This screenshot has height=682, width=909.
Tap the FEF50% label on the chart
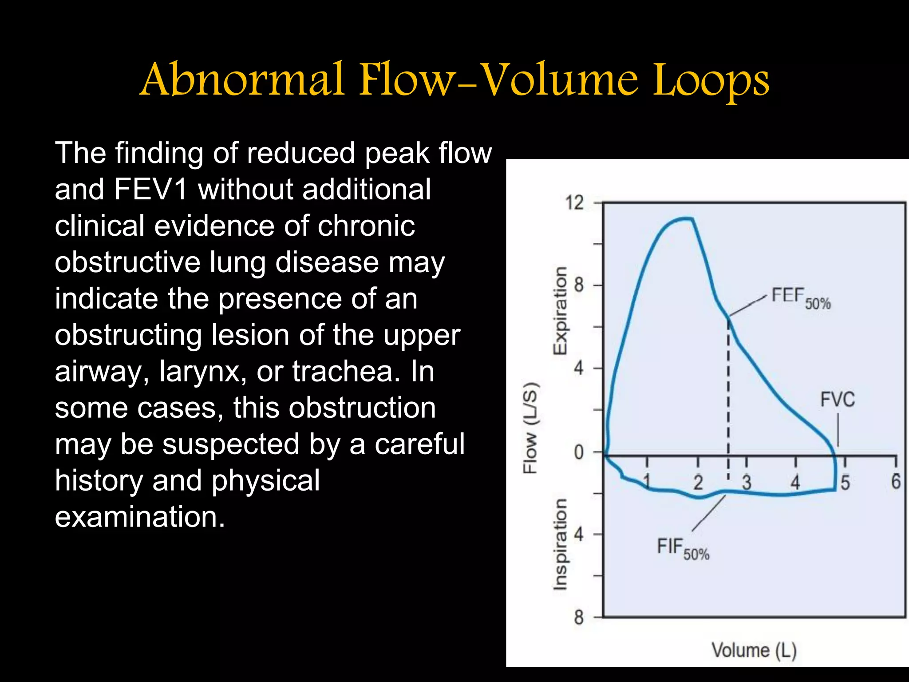pyautogui.click(x=800, y=297)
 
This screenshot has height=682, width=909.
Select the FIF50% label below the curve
pyautogui.click(x=683, y=549)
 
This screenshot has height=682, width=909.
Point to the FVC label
pyautogui.click(x=837, y=399)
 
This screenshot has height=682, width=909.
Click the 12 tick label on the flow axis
pyautogui.click(x=574, y=203)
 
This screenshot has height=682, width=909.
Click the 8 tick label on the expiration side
pyautogui.click(x=578, y=285)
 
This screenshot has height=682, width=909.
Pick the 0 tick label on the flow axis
pyautogui.click(x=578, y=452)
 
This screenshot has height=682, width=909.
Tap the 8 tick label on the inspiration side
pyautogui.click(x=578, y=617)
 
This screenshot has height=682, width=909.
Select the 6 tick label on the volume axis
pyautogui.click(x=896, y=481)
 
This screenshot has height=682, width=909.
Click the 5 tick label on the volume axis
pyautogui.click(x=845, y=483)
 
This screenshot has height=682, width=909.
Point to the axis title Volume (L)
pyautogui.click(x=754, y=650)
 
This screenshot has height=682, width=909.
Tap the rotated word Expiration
pyautogui.click(x=560, y=311)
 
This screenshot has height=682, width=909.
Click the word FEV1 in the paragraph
pyautogui.click(x=150, y=190)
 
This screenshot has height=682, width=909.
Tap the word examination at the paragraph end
pyautogui.click(x=140, y=517)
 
